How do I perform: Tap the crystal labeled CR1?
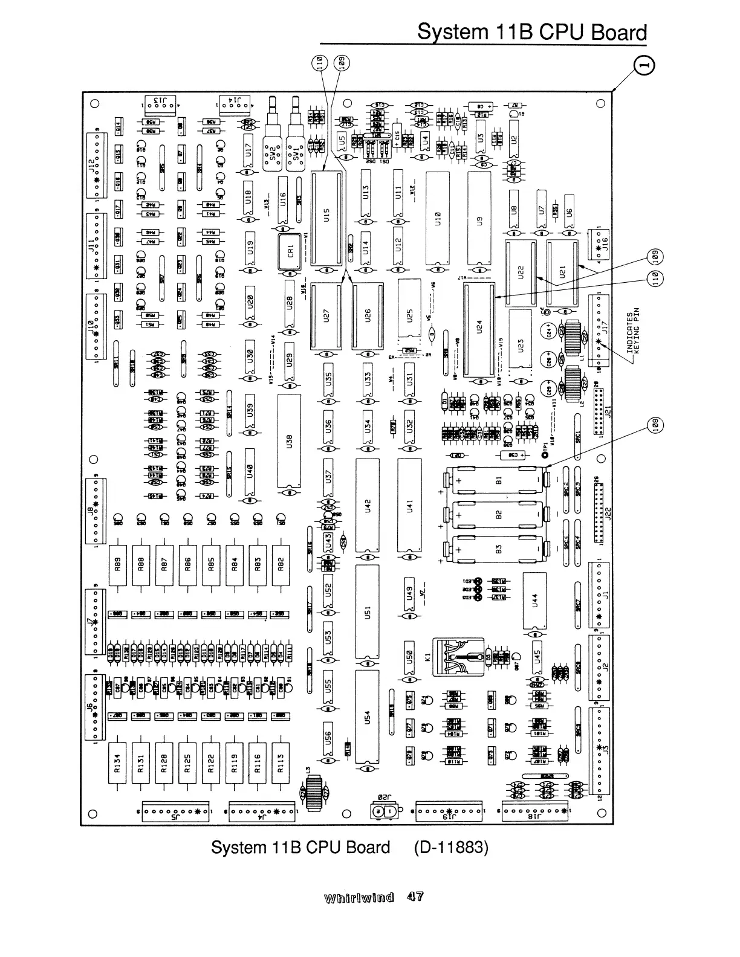pos(290,250)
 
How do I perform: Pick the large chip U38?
pos(289,441)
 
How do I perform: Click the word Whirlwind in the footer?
pos(360,897)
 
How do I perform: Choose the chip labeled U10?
pos(437,218)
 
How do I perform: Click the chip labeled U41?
pos(409,505)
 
